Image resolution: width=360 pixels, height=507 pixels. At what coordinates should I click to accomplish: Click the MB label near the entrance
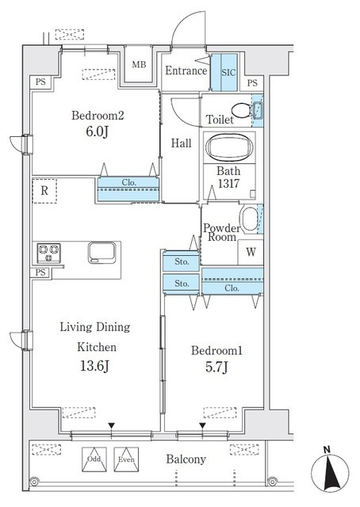[139, 64]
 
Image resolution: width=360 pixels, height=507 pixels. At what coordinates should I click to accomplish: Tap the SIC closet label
[228, 72]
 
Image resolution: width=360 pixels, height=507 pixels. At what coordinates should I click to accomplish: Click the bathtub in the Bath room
[229, 147]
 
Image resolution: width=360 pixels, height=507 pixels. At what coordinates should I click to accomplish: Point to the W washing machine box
[251, 252]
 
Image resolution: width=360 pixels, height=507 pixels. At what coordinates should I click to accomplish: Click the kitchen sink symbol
[102, 253]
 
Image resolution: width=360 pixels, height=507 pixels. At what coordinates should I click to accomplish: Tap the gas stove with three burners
[49, 253]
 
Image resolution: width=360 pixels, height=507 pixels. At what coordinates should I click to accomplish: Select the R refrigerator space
[44, 191]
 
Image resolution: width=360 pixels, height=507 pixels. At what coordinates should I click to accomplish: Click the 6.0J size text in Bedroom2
[97, 132]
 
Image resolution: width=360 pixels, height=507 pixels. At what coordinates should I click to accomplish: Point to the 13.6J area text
[94, 366]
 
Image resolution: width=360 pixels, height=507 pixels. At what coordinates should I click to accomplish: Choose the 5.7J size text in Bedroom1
[216, 367]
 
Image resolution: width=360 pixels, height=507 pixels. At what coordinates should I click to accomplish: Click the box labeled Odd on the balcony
[94, 459]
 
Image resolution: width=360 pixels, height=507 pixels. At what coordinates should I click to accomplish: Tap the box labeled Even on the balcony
[126, 459]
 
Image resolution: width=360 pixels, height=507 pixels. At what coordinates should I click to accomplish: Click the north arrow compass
[330, 471]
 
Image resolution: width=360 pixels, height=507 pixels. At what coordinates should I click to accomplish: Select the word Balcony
[186, 459]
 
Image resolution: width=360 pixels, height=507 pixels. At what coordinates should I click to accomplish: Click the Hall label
[181, 143]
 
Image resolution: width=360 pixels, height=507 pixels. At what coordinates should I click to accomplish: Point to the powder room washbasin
[250, 219]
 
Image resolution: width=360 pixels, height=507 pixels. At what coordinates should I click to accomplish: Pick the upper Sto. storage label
[182, 261]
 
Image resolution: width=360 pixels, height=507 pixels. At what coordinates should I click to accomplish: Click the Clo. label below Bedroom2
[128, 182]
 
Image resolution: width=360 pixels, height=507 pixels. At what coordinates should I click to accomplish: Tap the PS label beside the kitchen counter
[40, 273]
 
